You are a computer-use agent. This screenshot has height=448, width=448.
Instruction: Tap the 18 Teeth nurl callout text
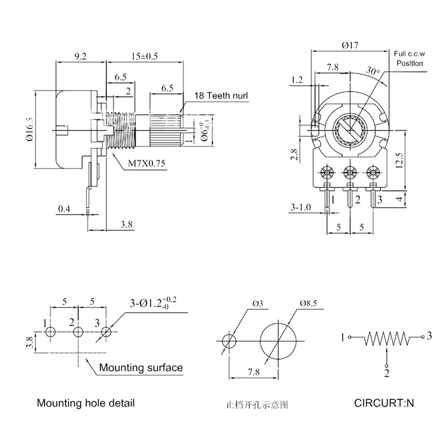coord(220,96)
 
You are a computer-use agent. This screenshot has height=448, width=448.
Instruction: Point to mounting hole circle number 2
coord(78,332)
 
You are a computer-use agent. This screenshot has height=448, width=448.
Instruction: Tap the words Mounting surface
coord(141,368)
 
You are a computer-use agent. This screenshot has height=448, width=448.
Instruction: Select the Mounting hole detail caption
coord(86,403)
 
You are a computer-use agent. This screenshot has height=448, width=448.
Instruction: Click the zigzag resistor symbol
coord(386,338)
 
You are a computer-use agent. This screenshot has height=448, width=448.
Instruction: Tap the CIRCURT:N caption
coord(385,403)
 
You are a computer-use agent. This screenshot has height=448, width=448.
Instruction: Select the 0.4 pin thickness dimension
coord(64,209)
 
